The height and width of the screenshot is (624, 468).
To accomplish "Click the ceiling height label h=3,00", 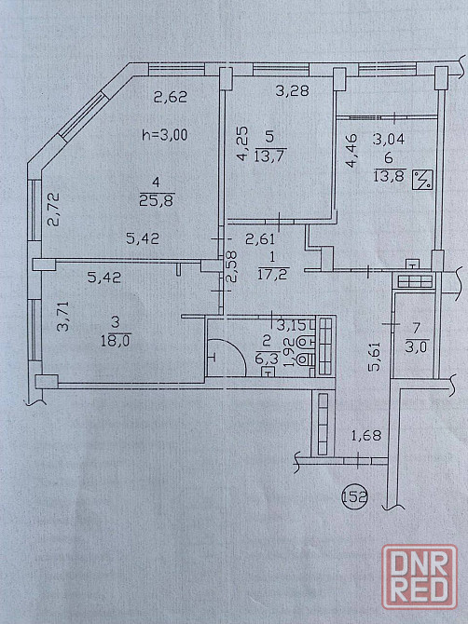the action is click(164, 135).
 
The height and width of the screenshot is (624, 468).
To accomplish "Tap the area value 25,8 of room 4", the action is click(156, 201).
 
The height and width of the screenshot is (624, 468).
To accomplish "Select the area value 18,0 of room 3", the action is click(116, 342).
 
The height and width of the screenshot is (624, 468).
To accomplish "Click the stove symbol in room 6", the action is click(423, 179).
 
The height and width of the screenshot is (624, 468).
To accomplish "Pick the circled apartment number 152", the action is click(354, 496).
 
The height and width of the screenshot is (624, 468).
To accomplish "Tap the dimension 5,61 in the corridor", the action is click(375, 357).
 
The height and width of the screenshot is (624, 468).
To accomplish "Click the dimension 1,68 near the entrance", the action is click(366, 435).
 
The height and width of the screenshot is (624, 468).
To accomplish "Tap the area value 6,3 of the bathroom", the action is click(267, 359).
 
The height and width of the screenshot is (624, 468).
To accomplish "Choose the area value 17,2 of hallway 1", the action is click(273, 274).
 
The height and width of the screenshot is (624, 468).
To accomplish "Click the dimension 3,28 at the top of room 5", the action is click(293, 91).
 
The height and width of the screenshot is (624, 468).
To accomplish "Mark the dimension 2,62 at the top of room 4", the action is click(171, 97).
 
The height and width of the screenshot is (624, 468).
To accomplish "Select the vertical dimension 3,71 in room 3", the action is click(63, 317).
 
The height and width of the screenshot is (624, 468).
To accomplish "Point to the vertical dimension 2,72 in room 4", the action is click(53, 210).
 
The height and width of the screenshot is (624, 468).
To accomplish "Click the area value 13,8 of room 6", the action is click(390, 175).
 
